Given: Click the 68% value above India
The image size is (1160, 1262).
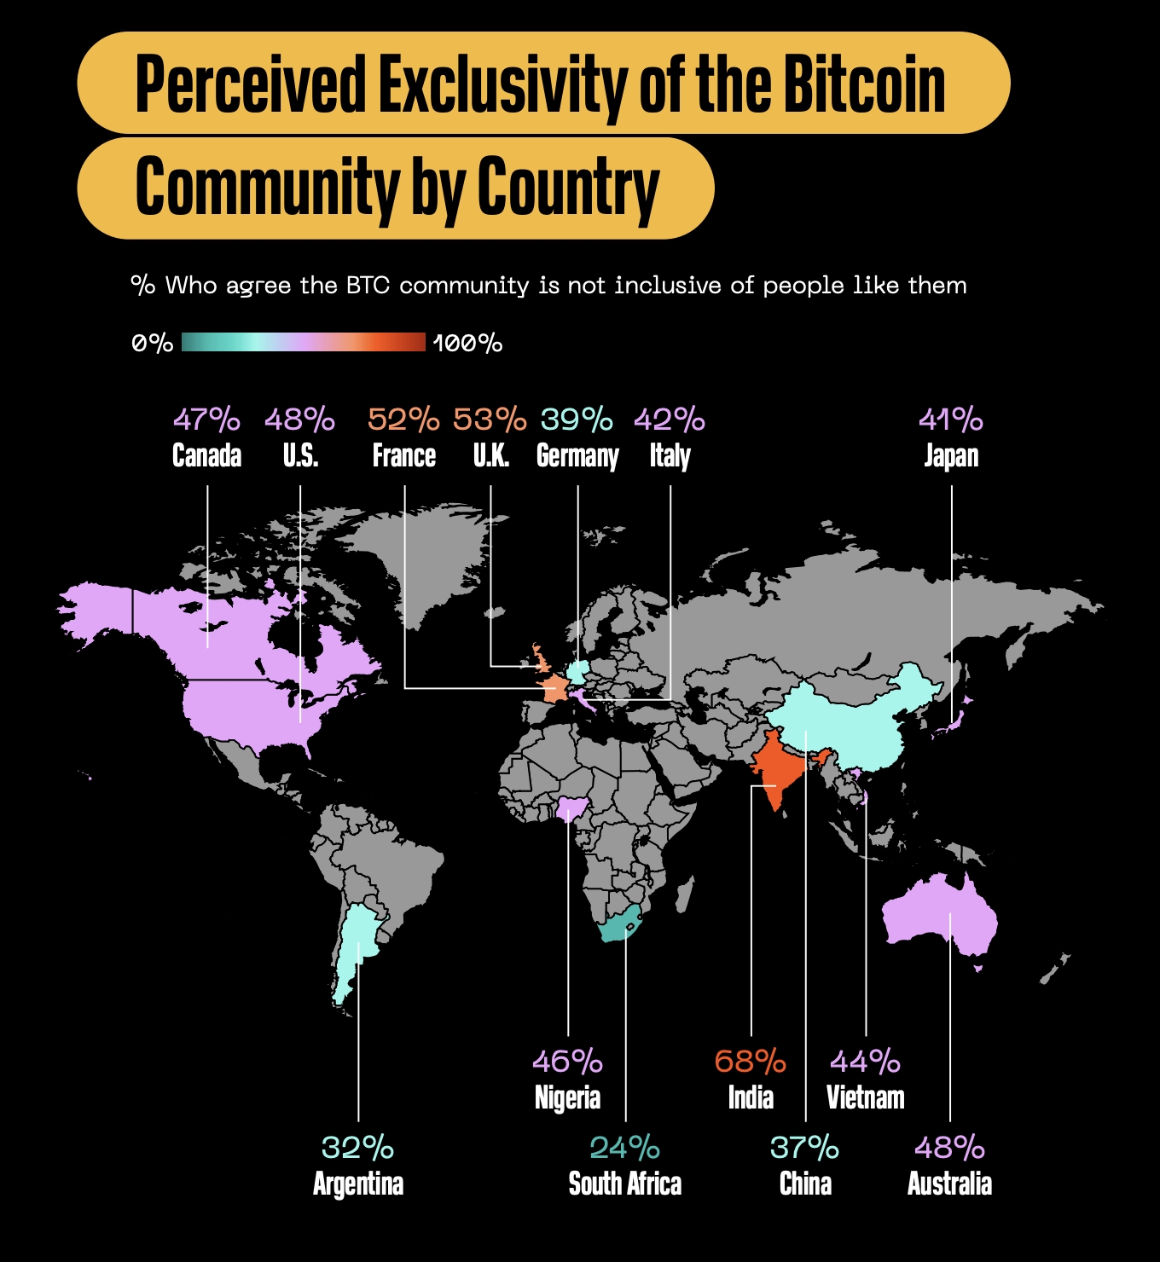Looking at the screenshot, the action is [x=751, y=1062].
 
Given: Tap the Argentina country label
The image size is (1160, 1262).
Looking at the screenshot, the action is [x=358, y=1184].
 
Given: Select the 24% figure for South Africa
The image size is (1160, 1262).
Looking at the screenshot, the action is [x=624, y=1148].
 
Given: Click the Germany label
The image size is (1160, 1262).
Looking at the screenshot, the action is [x=577, y=456].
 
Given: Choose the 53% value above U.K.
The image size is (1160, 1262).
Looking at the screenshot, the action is [x=490, y=420].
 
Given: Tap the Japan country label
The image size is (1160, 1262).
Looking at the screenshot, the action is [x=951, y=456].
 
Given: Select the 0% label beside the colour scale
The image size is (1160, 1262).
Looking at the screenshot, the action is [x=153, y=344].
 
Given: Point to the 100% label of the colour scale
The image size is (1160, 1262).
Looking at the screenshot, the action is [x=467, y=344].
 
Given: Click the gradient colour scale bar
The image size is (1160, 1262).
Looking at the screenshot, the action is [x=304, y=342].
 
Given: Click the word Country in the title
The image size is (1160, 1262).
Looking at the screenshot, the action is [x=568, y=188].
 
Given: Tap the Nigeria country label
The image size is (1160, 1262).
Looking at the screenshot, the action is [x=567, y=1097].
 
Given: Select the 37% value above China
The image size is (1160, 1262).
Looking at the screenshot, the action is [x=804, y=1148].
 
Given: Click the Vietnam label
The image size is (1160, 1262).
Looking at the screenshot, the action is [x=866, y=1097].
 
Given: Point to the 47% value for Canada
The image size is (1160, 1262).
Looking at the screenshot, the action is [x=206, y=420].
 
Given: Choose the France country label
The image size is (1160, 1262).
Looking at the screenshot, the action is [x=404, y=456].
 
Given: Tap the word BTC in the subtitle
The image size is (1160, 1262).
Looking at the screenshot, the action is [x=368, y=286].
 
